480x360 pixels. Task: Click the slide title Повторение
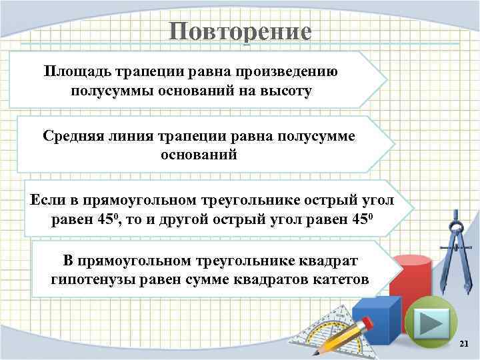coord(239,31)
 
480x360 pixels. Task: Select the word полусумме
coord(317,135)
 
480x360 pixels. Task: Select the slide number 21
coord(465,343)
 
